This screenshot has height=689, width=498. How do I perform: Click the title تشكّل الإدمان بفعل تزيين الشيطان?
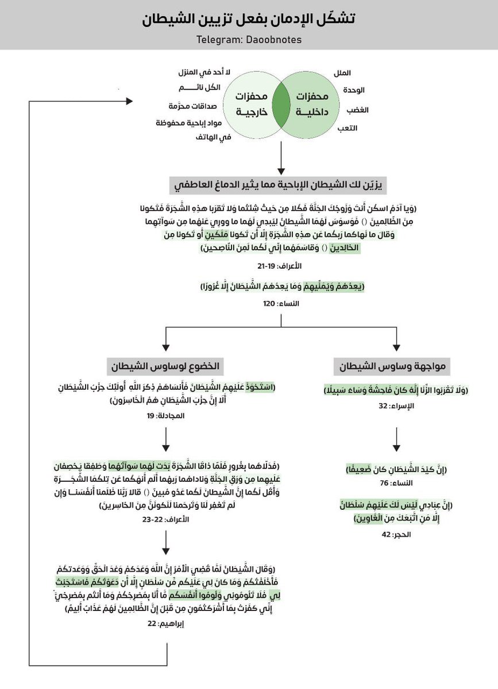pos(249,18)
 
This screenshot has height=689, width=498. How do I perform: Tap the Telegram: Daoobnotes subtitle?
pos(249,41)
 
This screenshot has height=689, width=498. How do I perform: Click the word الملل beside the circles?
pos(342,73)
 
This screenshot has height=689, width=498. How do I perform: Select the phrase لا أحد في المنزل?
pos(204,72)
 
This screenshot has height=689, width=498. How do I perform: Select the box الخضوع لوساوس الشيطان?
pos(165,366)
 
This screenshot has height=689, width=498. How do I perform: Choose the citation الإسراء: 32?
pos(396,405)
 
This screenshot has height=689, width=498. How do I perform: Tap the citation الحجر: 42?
pos(396,535)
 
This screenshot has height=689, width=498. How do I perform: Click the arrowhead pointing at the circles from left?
pos(129,101)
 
